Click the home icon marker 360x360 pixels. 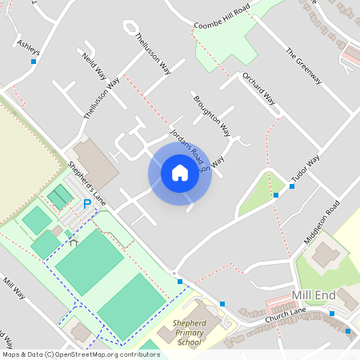tap(179, 173)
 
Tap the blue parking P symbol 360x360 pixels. tap(88, 205)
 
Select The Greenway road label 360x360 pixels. tap(303, 66)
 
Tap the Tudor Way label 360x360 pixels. tap(304, 169)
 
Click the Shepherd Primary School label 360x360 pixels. tap(189, 333)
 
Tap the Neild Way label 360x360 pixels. tap(94, 65)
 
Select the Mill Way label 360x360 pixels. tap(14, 288)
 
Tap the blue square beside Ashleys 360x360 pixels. tap(34, 61)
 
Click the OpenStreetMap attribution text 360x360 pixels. tap(81, 354)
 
